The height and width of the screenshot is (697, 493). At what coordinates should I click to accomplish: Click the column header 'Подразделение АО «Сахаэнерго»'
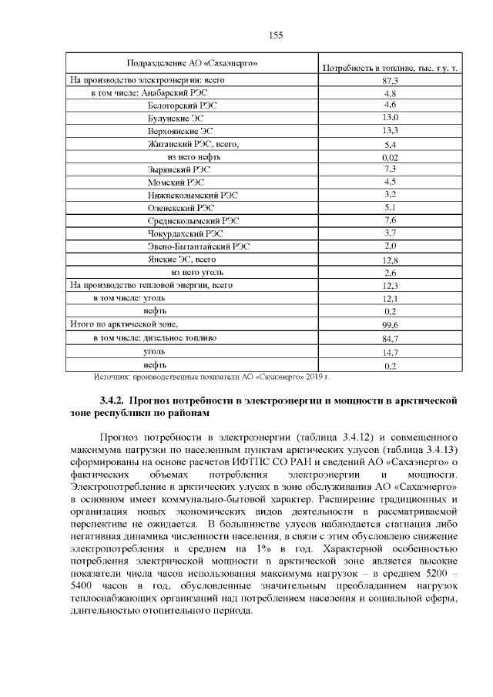pyautogui.click(x=192, y=62)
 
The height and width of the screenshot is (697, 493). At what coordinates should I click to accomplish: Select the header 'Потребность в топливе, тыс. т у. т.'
pyautogui.click(x=390, y=69)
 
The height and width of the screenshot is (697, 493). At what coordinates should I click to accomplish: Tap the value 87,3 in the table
pyautogui.click(x=390, y=80)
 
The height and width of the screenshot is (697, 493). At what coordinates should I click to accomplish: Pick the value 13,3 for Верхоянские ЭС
pyautogui.click(x=390, y=131)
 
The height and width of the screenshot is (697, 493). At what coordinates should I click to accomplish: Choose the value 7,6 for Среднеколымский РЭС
pyautogui.click(x=390, y=221)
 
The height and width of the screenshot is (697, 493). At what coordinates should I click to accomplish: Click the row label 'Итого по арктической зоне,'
pyautogui.click(x=123, y=325)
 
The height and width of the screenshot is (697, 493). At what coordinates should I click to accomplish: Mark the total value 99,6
pyautogui.click(x=390, y=326)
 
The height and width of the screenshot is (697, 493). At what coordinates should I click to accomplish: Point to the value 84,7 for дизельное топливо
pyautogui.click(x=390, y=339)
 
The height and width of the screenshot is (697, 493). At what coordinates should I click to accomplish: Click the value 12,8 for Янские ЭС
pyautogui.click(x=390, y=260)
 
